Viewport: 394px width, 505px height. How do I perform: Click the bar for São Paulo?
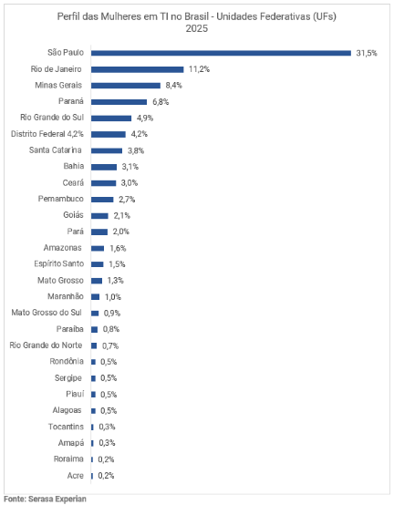point(221,53)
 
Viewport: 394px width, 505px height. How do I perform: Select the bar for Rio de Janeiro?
point(137,69)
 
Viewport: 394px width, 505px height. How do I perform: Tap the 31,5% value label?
point(366,53)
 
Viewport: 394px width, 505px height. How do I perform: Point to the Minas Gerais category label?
point(58,85)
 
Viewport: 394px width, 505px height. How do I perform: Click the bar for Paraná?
point(119,101)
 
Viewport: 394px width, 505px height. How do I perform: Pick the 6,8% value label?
point(160,101)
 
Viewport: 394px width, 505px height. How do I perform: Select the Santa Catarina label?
point(56,150)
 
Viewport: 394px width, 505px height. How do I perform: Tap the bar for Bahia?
point(104,167)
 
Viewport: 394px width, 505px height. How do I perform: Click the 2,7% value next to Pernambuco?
point(127,199)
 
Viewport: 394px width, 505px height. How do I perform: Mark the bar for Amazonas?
point(98,248)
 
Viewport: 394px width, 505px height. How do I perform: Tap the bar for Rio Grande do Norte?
point(94,345)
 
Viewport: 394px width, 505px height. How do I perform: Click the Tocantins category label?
point(67,427)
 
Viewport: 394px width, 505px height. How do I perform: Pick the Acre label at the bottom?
point(76,475)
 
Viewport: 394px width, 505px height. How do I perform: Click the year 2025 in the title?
point(196,28)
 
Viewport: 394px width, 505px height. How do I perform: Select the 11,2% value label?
point(199,69)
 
